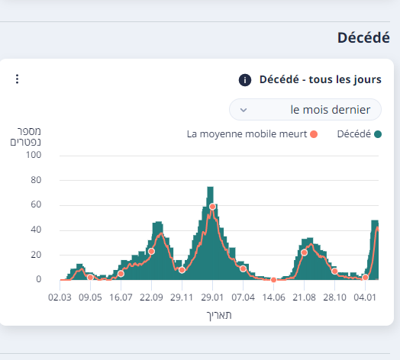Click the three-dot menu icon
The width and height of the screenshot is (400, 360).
coord(17,79)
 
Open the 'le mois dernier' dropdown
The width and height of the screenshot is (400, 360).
coord(305,110)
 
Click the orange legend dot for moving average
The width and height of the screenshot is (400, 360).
coord(313,134)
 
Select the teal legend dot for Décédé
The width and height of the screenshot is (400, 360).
coord(377,134)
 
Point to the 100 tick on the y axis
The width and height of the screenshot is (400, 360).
coord(33,155)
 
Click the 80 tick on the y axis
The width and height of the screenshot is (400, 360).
coord(35,180)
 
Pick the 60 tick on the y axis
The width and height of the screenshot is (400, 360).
coord(35,204)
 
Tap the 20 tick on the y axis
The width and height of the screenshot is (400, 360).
coord(35,255)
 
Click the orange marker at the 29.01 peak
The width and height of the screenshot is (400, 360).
coord(212,207)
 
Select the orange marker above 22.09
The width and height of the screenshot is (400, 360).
coord(151,251)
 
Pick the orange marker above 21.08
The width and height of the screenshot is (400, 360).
coord(304,252)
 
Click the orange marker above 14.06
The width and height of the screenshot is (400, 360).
coord(273,280)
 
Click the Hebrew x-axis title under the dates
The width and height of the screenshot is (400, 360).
coord(218,315)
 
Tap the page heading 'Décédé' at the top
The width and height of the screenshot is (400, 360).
coord(363,38)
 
